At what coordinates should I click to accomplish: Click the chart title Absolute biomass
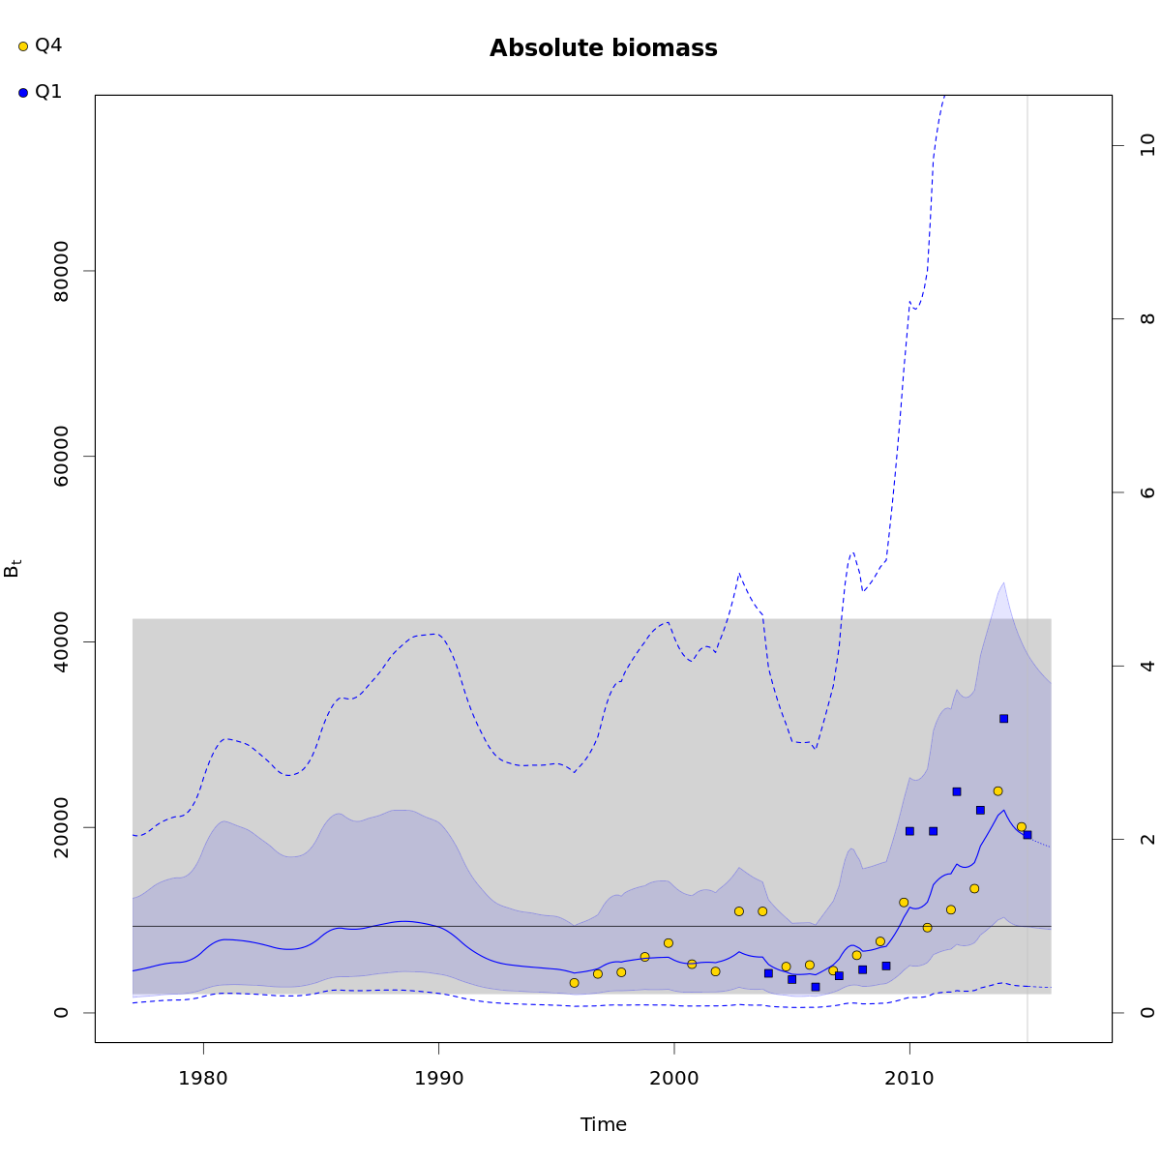click(603, 48)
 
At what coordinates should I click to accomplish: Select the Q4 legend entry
click(40, 45)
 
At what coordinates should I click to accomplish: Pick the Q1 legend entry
click(40, 92)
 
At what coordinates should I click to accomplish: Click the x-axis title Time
click(603, 1124)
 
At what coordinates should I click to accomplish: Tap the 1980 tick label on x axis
click(203, 1077)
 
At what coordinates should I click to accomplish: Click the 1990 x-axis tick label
click(439, 1077)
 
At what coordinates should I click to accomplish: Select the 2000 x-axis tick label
click(674, 1077)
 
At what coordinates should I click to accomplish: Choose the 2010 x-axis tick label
click(909, 1077)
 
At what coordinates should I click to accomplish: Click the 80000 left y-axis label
click(61, 271)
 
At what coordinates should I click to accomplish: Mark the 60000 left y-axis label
click(61, 457)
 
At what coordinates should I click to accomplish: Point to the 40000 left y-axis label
click(61, 641)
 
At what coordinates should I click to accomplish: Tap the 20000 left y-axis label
click(61, 827)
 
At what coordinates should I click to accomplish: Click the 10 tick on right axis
click(1147, 146)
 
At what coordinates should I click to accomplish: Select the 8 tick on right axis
click(1147, 319)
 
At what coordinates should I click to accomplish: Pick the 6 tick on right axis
click(1147, 492)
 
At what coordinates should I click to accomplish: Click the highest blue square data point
click(1003, 718)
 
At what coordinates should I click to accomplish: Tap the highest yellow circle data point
click(997, 790)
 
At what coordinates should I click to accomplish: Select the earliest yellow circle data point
click(574, 982)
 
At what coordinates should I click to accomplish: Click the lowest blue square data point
click(816, 987)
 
